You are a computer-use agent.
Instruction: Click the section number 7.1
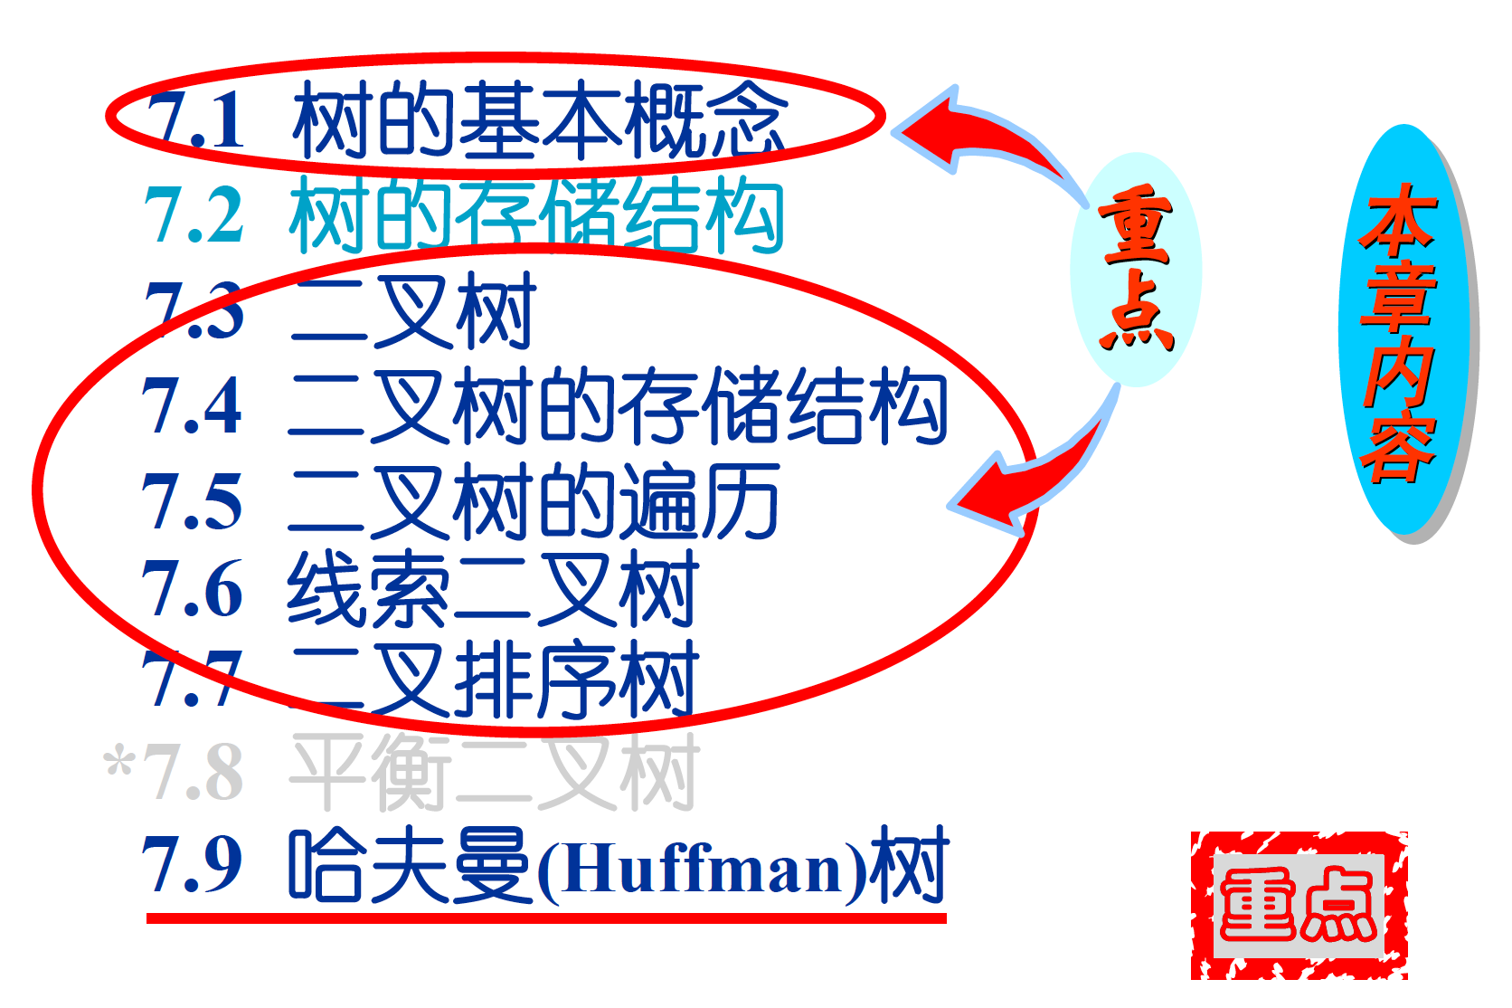point(195,120)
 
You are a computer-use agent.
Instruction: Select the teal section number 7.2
point(194,215)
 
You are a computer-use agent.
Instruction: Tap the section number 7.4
point(193,405)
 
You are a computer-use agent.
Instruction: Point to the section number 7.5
point(193,500)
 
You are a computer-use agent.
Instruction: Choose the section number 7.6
point(193,589)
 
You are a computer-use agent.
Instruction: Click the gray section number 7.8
point(194,772)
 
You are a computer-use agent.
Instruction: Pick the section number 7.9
point(193,864)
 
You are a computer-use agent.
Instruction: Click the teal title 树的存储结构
point(535,215)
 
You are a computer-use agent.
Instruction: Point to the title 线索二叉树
point(493,589)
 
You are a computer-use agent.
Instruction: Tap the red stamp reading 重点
point(1299,905)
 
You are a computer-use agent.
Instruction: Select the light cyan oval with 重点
point(1136,269)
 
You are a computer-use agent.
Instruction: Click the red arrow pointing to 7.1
point(977,136)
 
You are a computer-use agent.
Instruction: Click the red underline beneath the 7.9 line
point(546,918)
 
